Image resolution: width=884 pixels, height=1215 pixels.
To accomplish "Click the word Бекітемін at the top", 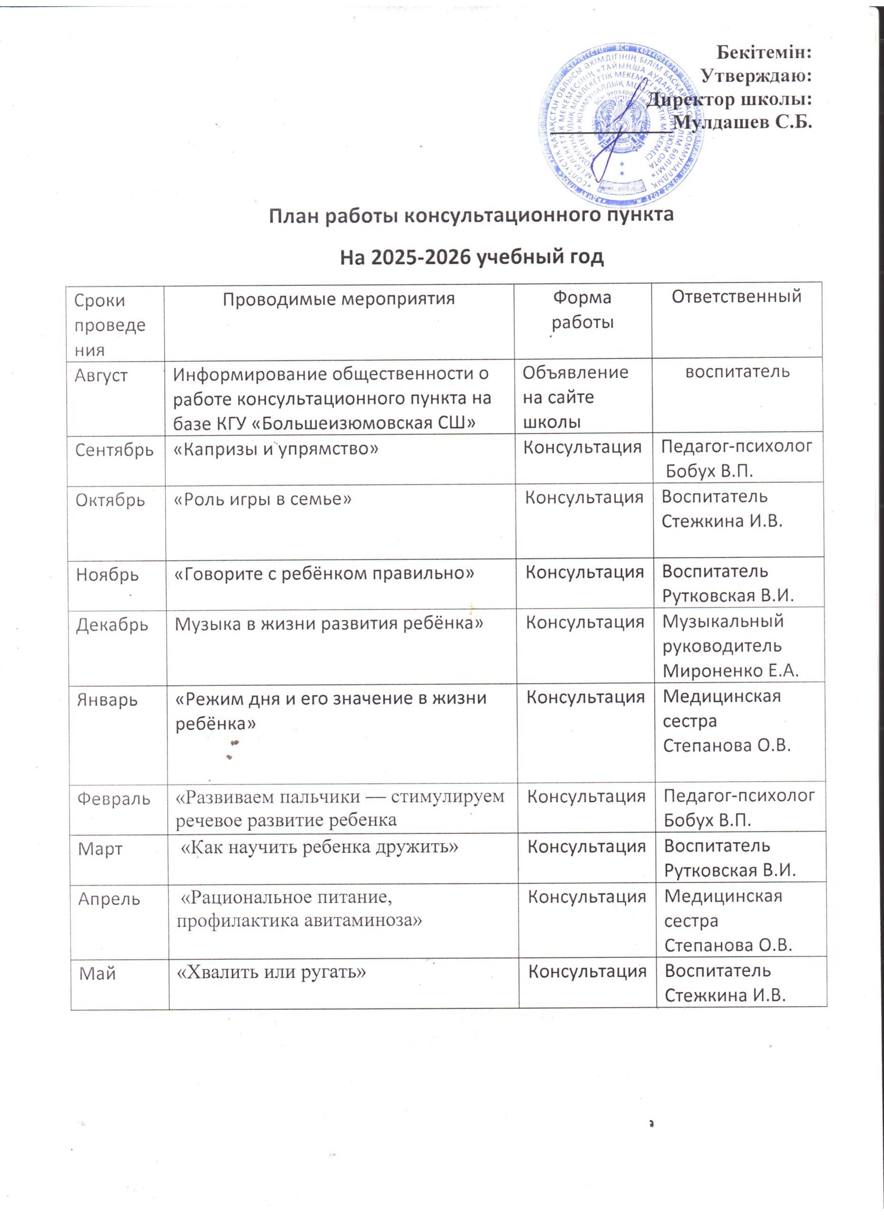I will [763, 53].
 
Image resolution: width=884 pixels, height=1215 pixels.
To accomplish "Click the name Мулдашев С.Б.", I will [742, 122].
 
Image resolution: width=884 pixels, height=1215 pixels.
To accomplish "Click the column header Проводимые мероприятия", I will [338, 299].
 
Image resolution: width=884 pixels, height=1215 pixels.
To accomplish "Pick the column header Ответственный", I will [737, 296].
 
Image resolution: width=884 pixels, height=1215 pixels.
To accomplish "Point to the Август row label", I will [101, 375].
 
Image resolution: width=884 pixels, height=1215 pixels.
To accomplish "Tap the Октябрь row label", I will [110, 500].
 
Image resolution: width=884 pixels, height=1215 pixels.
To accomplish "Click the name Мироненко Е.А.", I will [731, 671].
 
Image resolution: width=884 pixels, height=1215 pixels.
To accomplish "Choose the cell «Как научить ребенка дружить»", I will [320, 847].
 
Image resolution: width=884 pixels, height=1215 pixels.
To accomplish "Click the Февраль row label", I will [114, 799].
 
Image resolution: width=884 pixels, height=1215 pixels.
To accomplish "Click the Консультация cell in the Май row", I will [587, 971].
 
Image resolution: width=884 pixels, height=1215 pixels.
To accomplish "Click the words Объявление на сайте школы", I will [575, 397].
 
